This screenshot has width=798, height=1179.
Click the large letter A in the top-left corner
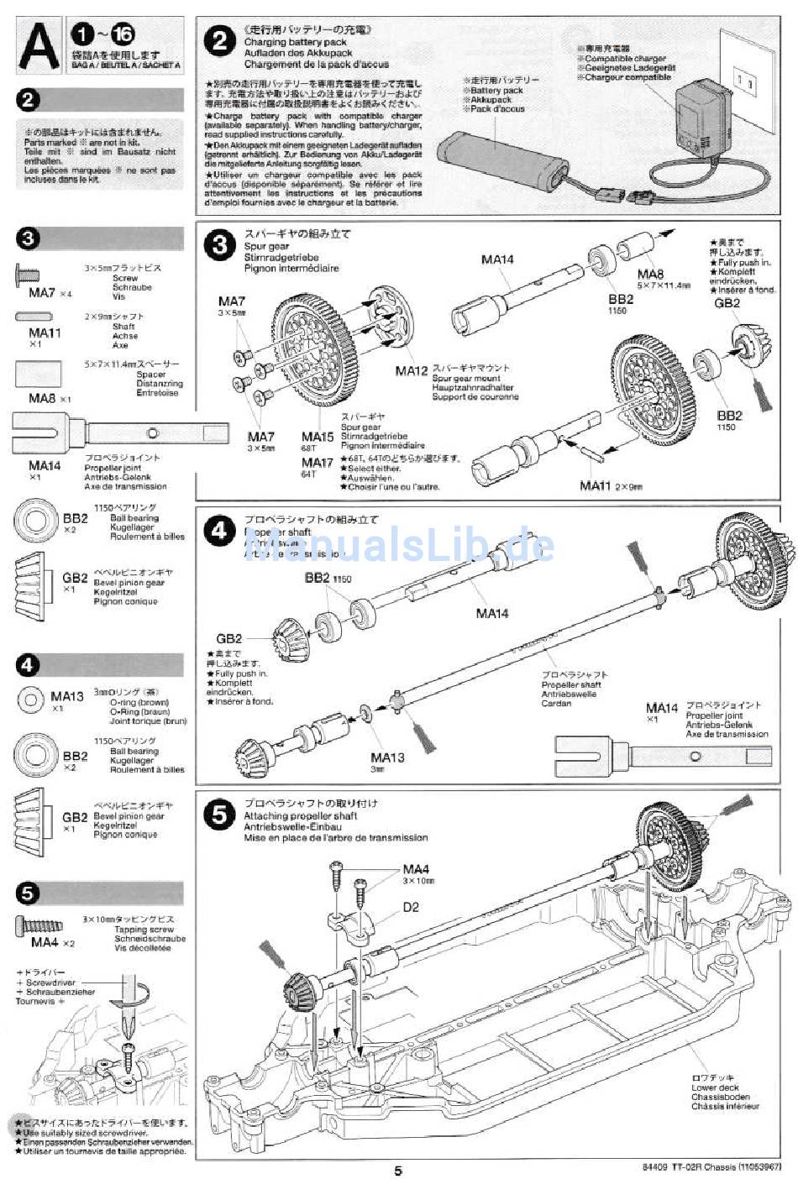39,47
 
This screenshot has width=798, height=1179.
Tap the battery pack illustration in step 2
499,160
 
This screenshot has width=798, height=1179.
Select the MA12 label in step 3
412,369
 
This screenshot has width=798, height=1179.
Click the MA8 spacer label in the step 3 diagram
649,274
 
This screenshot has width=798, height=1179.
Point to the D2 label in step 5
410,907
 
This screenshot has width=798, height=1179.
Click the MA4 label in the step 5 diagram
416,869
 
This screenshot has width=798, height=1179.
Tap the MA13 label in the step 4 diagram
386,757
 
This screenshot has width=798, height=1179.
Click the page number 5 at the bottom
398,1171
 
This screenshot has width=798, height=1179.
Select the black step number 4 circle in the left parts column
28,665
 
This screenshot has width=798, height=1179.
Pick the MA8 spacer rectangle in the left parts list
38,374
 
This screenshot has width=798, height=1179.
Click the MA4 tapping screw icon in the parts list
39,925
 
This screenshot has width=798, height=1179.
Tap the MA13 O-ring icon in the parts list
31,698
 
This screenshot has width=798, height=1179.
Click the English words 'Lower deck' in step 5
715,1087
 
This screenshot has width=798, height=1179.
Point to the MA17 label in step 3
318,463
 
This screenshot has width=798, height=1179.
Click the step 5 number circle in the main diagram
220,815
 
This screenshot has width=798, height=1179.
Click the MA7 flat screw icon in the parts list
27,275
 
